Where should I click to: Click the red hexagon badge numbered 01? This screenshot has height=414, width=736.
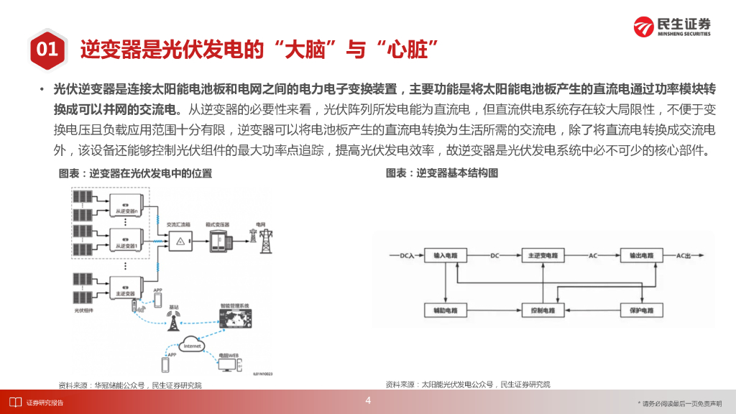[x=47, y=49]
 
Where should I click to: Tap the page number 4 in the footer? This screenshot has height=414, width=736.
[x=368, y=400]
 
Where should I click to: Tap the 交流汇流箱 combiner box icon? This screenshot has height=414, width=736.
[x=179, y=241]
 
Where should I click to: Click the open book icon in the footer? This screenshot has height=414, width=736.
[x=14, y=402]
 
